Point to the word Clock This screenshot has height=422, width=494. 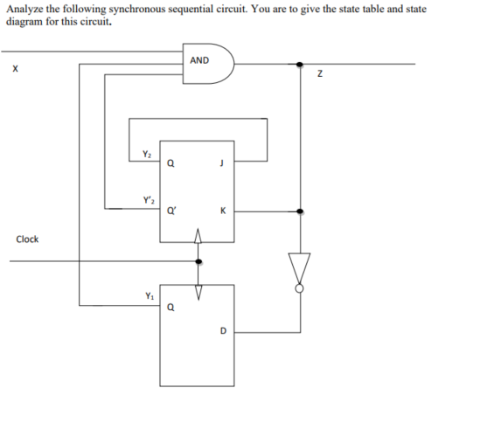tap(27, 239)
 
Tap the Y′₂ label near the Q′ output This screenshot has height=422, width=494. tap(145, 203)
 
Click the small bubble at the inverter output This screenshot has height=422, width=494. tap(300, 287)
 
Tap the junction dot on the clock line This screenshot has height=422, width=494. tap(198, 260)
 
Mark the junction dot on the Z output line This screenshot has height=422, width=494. tap(300, 63)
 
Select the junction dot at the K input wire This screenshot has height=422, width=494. tap(300, 211)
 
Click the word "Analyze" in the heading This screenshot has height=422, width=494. tap(24, 9)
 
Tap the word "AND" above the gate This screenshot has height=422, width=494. tap(199, 60)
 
